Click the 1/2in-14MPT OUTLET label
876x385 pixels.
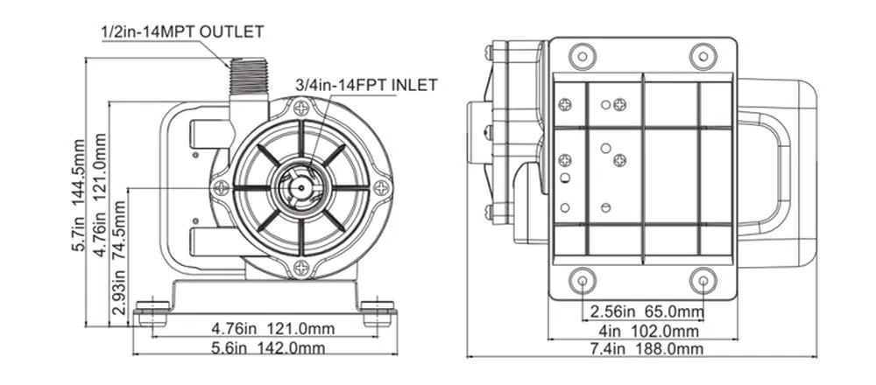coord(182,31)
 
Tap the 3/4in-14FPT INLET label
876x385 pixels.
coord(366,86)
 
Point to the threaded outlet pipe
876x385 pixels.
coord(248,76)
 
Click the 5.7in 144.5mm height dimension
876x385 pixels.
coord(79,195)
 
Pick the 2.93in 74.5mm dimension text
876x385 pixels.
coord(119,257)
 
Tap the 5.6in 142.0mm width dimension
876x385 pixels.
coord(267,348)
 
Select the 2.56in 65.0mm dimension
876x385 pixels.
coord(646,311)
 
